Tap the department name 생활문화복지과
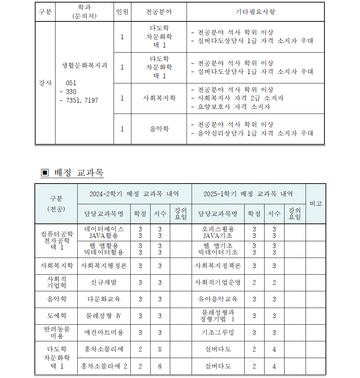tap(85, 66)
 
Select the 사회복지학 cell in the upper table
tap(159, 98)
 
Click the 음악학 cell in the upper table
tap(159, 129)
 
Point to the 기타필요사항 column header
tap(255, 12)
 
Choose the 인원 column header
tap(122, 12)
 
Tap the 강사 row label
tap(45, 83)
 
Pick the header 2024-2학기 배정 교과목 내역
tap(134, 194)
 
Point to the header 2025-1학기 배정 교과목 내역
tap(248, 194)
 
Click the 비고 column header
tap(316, 204)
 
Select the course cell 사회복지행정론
tap(104, 266)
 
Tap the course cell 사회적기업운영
tap(218, 282)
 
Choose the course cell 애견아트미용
tap(104, 332)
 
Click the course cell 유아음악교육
tap(218, 299)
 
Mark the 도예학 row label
tap(56, 316)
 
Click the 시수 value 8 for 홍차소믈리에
tap(160, 349)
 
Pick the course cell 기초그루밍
tap(218, 332)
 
